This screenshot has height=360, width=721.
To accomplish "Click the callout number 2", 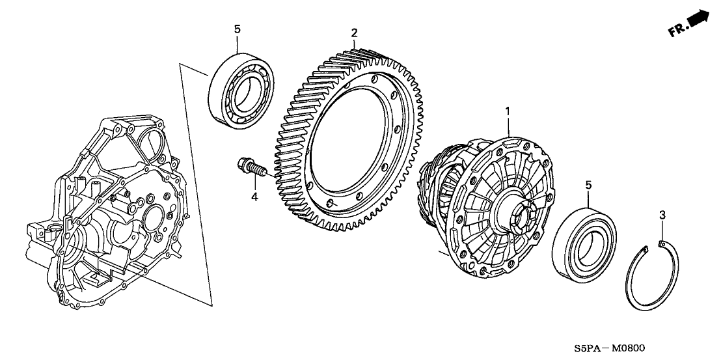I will (x=354, y=32).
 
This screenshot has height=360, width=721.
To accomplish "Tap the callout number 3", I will (x=662, y=215).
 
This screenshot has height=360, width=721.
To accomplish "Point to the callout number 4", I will (x=254, y=196).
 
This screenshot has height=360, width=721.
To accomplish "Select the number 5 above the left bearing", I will (x=237, y=29).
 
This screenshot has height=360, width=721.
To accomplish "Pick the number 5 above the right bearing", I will (x=588, y=186).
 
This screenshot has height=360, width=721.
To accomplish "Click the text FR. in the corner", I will (x=677, y=30).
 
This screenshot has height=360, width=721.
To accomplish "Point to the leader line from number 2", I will (x=354, y=43).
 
